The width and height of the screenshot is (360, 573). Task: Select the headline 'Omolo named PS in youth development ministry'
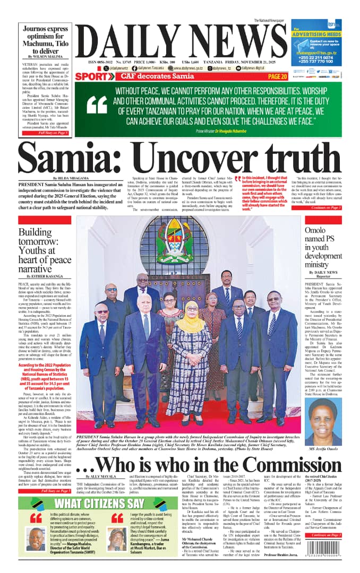323,249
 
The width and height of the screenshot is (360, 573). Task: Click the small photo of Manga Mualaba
36,539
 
